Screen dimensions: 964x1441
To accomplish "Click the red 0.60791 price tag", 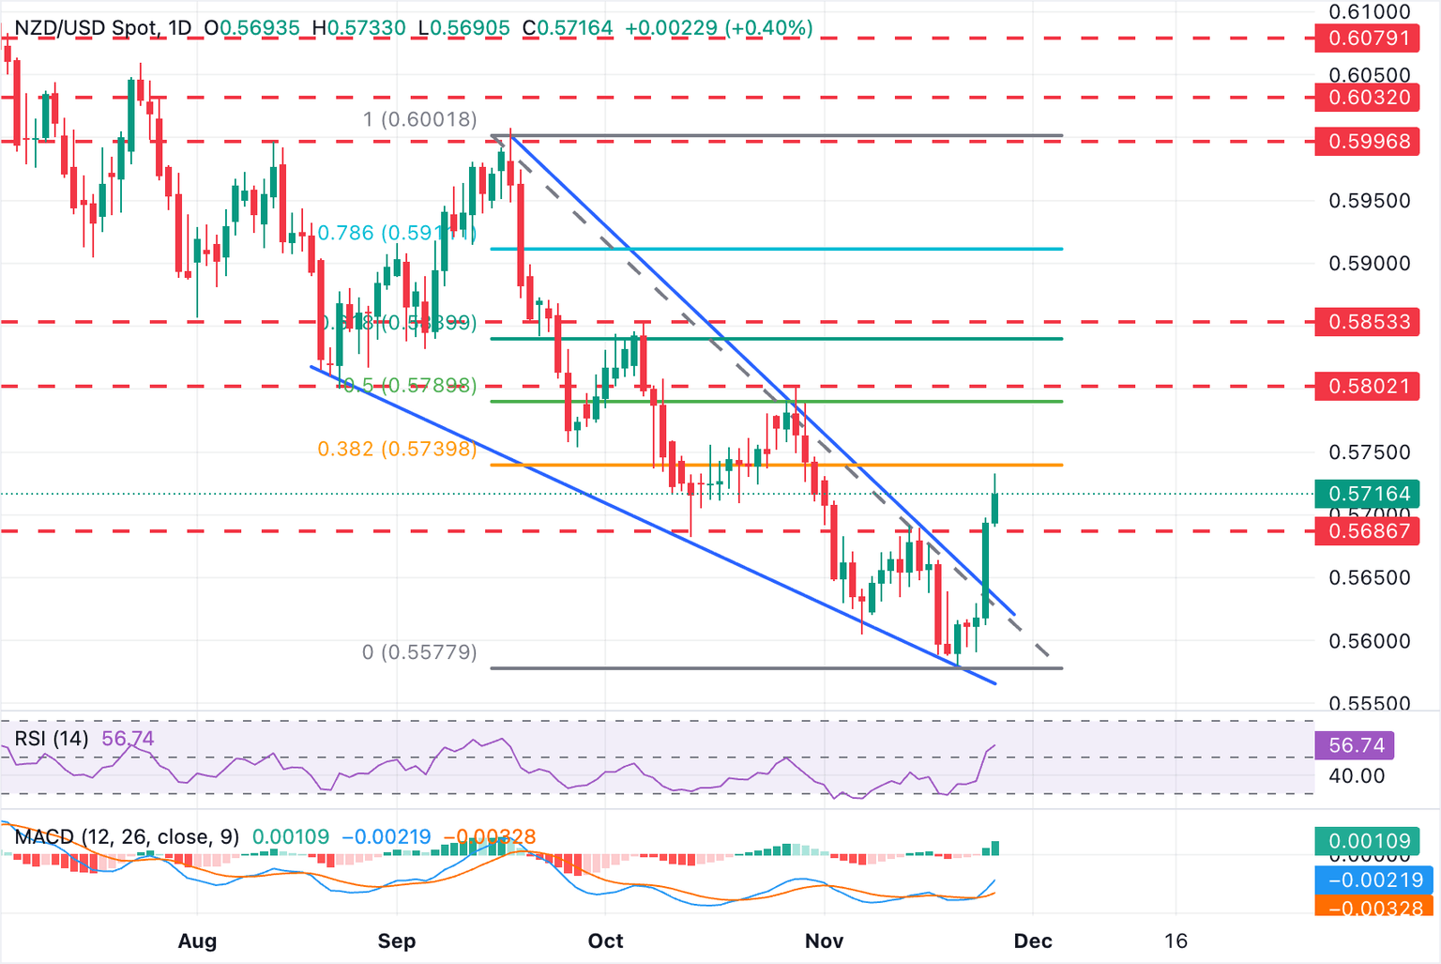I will pyautogui.click(x=1368, y=39).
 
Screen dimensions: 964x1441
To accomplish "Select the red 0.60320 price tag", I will pyautogui.click(x=1368, y=98).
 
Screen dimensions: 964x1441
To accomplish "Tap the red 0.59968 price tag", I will pyautogui.click(x=1368, y=142).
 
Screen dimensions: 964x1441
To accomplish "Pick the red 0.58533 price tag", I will pyautogui.click(x=1368, y=322).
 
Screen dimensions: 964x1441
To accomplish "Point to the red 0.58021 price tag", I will pyautogui.click(x=1368, y=386).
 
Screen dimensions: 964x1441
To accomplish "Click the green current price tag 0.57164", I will pyautogui.click(x=1368, y=494).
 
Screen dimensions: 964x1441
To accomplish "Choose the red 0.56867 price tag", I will pyautogui.click(x=1368, y=531).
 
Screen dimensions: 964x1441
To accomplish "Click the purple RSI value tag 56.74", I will pyautogui.click(x=1356, y=745).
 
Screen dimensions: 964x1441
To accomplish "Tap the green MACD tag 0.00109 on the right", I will pyautogui.click(x=1368, y=840).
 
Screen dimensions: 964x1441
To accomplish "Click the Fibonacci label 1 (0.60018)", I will pyautogui.click(x=420, y=119).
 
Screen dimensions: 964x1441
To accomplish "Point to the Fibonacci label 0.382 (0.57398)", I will pyautogui.click(x=397, y=450).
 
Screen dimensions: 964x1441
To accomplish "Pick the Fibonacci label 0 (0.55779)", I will pyautogui.click(x=419, y=652).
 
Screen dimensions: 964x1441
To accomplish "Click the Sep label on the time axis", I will pyautogui.click(x=397, y=941).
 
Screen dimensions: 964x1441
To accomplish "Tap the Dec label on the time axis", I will pyautogui.click(x=1032, y=941).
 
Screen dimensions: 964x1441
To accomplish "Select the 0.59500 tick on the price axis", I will pyautogui.click(x=1369, y=201).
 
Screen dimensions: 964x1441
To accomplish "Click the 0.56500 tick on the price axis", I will pyautogui.click(x=1369, y=578).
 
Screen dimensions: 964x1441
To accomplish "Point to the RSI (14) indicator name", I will pyautogui.click(x=52, y=739).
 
